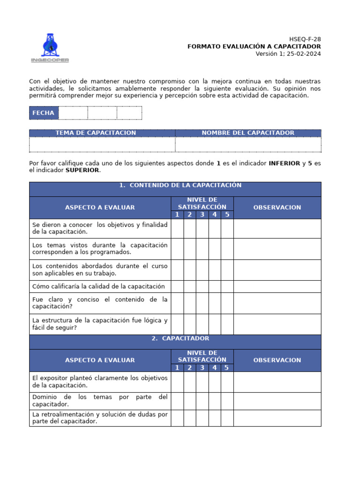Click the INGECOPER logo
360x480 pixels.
coord(50,48)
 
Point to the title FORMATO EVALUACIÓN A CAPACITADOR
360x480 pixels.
coord(254,46)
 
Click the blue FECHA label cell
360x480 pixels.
coord(43,113)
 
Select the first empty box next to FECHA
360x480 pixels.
coord(73,113)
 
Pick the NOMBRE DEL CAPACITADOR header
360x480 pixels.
coord(248,133)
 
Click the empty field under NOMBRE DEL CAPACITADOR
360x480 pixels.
coord(248,145)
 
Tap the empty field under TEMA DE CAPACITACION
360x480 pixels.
coord(102,145)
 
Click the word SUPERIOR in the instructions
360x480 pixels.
coord(82,170)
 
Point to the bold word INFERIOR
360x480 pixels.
coord(284,163)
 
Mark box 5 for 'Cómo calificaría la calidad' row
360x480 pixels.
coord(227,286)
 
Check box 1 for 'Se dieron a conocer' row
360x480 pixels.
coord(177,228)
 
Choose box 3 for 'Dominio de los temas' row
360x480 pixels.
coord(202,401)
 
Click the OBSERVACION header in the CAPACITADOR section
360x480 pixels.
coord(277,360)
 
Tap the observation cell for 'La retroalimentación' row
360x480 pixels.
coord(277,418)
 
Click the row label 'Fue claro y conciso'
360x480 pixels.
coord(100,303)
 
